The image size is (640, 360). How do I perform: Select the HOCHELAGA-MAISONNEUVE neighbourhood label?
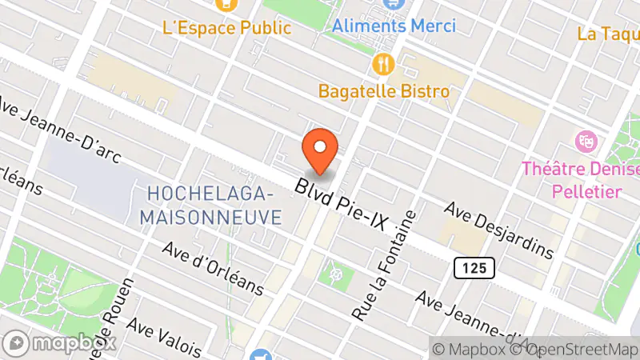click(210, 205)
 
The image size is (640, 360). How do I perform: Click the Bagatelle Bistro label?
click(384, 90)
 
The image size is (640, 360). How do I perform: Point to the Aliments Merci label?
click(394, 26)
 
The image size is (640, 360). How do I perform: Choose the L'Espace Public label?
click(227, 27)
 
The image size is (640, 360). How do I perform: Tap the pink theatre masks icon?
click(586, 142)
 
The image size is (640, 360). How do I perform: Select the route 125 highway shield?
click(474, 267)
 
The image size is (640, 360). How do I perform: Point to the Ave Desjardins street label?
click(499, 230)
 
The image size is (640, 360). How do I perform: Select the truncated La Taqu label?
click(608, 34)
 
